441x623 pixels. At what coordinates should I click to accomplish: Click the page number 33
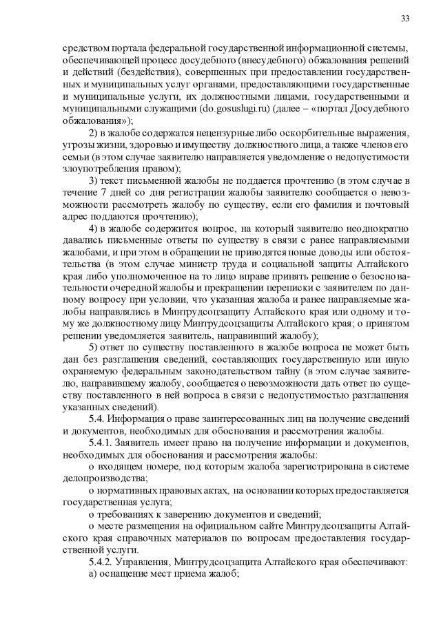pos(404,18)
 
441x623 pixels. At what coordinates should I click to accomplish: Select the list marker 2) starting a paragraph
pos(96,132)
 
